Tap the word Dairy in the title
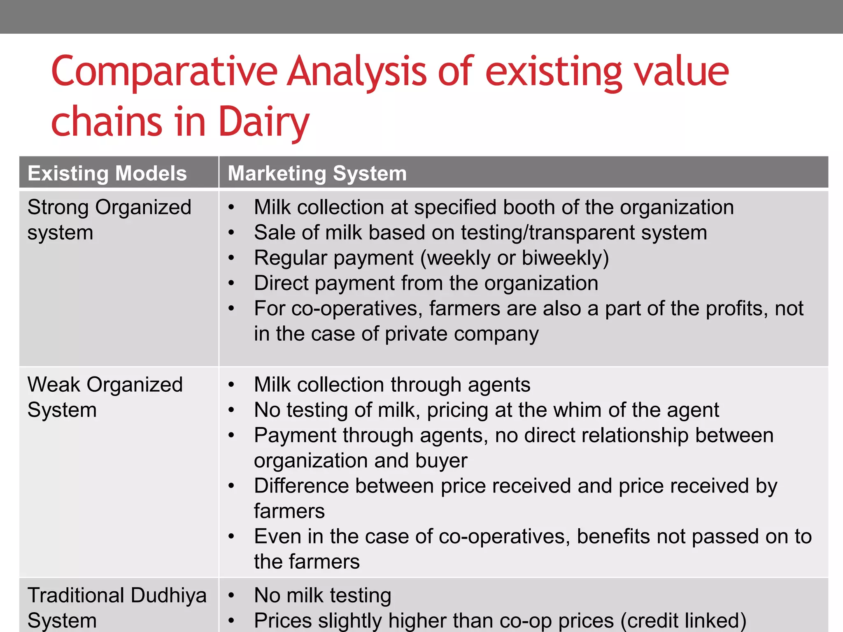pyautogui.click(x=263, y=122)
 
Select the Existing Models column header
pyautogui.click(x=107, y=173)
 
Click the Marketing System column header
pyautogui.click(x=317, y=173)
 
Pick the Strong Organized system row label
pyautogui.click(x=109, y=220)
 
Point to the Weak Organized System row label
pyautogui.click(x=105, y=397)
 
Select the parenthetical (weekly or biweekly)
pyautogui.click(x=514, y=258)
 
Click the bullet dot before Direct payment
pyautogui.click(x=232, y=283)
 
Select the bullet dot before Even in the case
pyautogui.click(x=232, y=537)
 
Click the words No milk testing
pyautogui.click(x=322, y=595)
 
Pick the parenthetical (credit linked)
pyautogui.click(x=683, y=620)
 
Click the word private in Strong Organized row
pyautogui.click(x=415, y=334)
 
